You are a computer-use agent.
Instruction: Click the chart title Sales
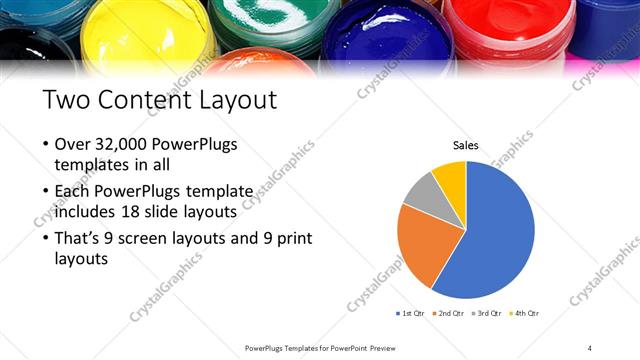[x=466, y=145]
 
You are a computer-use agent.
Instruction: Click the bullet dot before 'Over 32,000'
[x=47, y=145]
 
